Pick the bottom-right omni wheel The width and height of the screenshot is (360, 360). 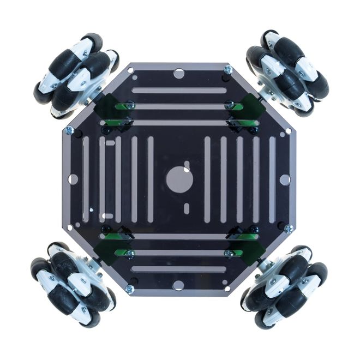coord(283,287)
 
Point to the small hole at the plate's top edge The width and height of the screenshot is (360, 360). coord(179,73)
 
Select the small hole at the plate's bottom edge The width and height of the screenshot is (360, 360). coord(179,285)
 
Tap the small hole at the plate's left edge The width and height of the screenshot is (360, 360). coord(73,179)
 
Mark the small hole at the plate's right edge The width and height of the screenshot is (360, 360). coord(285,179)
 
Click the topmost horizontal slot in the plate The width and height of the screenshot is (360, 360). coord(179,91)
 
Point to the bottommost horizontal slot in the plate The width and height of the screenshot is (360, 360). coord(179,269)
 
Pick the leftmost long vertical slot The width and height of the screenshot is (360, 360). coord(86,179)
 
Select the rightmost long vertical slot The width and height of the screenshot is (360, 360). coord(272,179)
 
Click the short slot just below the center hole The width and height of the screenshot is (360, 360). coord(187,208)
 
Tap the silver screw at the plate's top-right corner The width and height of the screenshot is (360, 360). coord(228,70)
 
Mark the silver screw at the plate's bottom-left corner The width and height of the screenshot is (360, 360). coord(130,289)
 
